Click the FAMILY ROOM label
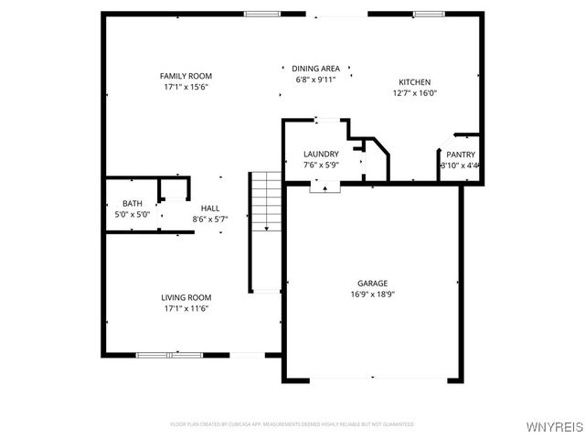pos(186,76)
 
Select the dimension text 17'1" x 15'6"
pos(186,87)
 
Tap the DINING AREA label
pos(316,69)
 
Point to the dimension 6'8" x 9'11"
pos(316,80)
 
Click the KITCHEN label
pos(414,82)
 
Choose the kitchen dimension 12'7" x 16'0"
pos(414,93)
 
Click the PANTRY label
pos(460,155)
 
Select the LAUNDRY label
pos(321,154)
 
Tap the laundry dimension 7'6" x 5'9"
pos(321,166)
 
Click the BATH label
pos(133,203)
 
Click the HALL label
pos(210,209)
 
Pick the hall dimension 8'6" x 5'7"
pos(210,219)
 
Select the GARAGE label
pos(372,284)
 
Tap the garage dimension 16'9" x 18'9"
pos(372,294)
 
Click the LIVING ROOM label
pos(186,297)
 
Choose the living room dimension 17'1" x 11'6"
pos(186,308)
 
